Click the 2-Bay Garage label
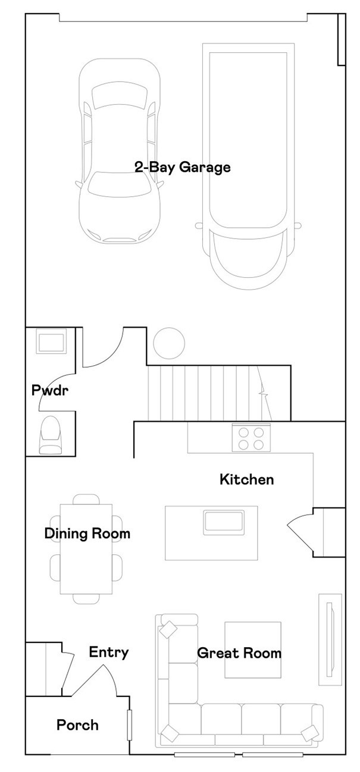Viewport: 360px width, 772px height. click(x=182, y=168)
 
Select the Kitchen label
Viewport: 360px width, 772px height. click(x=247, y=479)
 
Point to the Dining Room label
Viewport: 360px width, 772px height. click(x=87, y=534)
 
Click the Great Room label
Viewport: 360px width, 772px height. click(x=239, y=653)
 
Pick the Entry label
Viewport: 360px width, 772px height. click(x=109, y=652)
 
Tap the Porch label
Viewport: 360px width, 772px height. click(x=77, y=725)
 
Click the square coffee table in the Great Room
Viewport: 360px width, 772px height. click(x=252, y=649)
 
